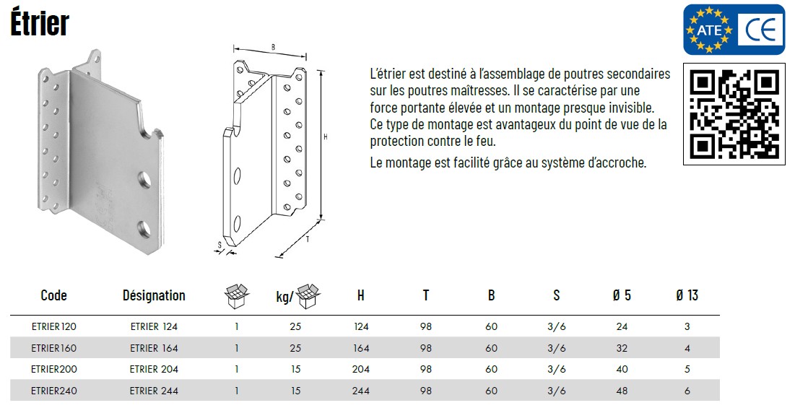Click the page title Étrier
(40, 23)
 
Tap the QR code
(734, 114)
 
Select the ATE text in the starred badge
(709, 30)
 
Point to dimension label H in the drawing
(326, 137)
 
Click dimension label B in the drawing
(273, 48)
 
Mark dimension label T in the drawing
(308, 239)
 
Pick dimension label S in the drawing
(220, 246)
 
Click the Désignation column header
(154, 295)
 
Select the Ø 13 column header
(687, 295)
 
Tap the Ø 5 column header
(622, 295)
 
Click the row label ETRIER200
(53, 370)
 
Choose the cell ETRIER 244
(154, 391)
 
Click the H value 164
(361, 348)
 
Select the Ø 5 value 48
(622, 391)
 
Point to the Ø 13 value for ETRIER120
(687, 327)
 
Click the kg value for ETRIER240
(295, 391)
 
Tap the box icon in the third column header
(236, 296)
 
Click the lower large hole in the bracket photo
(144, 230)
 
